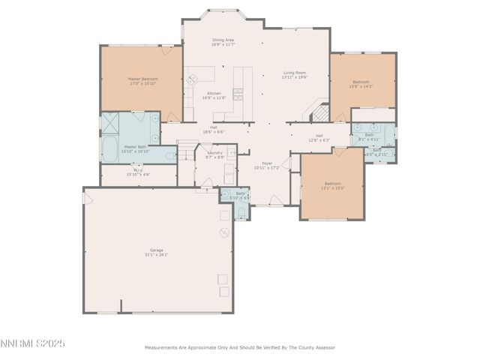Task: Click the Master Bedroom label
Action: click(x=141, y=81)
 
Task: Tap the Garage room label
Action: click(x=157, y=252)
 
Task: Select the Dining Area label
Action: click(x=223, y=42)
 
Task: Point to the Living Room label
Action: click(x=294, y=74)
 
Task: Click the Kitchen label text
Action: click(x=214, y=95)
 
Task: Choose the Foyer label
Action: click(x=266, y=164)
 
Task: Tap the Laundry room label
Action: click(x=214, y=155)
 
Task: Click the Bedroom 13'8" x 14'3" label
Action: click(x=361, y=84)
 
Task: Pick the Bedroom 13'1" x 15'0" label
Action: click(x=332, y=186)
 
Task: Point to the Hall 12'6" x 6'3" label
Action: click(x=319, y=137)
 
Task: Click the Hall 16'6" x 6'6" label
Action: click(x=214, y=130)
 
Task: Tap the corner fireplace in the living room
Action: click(x=319, y=113)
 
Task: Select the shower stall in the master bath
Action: click(x=115, y=123)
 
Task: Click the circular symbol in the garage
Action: click(x=223, y=232)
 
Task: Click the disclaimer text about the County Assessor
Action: click(x=239, y=347)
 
